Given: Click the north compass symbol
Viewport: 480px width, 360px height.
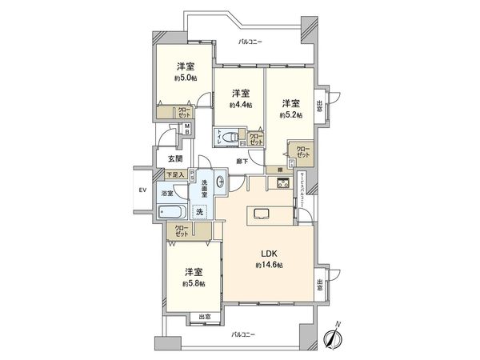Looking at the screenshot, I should pyautogui.click(x=333, y=338).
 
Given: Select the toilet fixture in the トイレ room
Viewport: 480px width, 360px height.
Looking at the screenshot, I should pyautogui.click(x=229, y=136).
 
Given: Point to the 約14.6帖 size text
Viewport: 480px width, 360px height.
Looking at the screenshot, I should pyautogui.click(x=270, y=265).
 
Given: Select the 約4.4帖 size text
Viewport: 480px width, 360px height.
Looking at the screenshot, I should pyautogui.click(x=240, y=105).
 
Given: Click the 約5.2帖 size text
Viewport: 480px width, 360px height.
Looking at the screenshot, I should pyautogui.click(x=291, y=115).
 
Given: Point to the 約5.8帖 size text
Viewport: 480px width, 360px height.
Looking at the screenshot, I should pyautogui.click(x=192, y=283).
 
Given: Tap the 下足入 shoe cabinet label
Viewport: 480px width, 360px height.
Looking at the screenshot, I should pyautogui.click(x=175, y=174).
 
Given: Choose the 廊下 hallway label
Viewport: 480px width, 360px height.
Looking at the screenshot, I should pyautogui.click(x=242, y=162).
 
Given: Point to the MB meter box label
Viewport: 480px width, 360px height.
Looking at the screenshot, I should pyautogui.click(x=186, y=131).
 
